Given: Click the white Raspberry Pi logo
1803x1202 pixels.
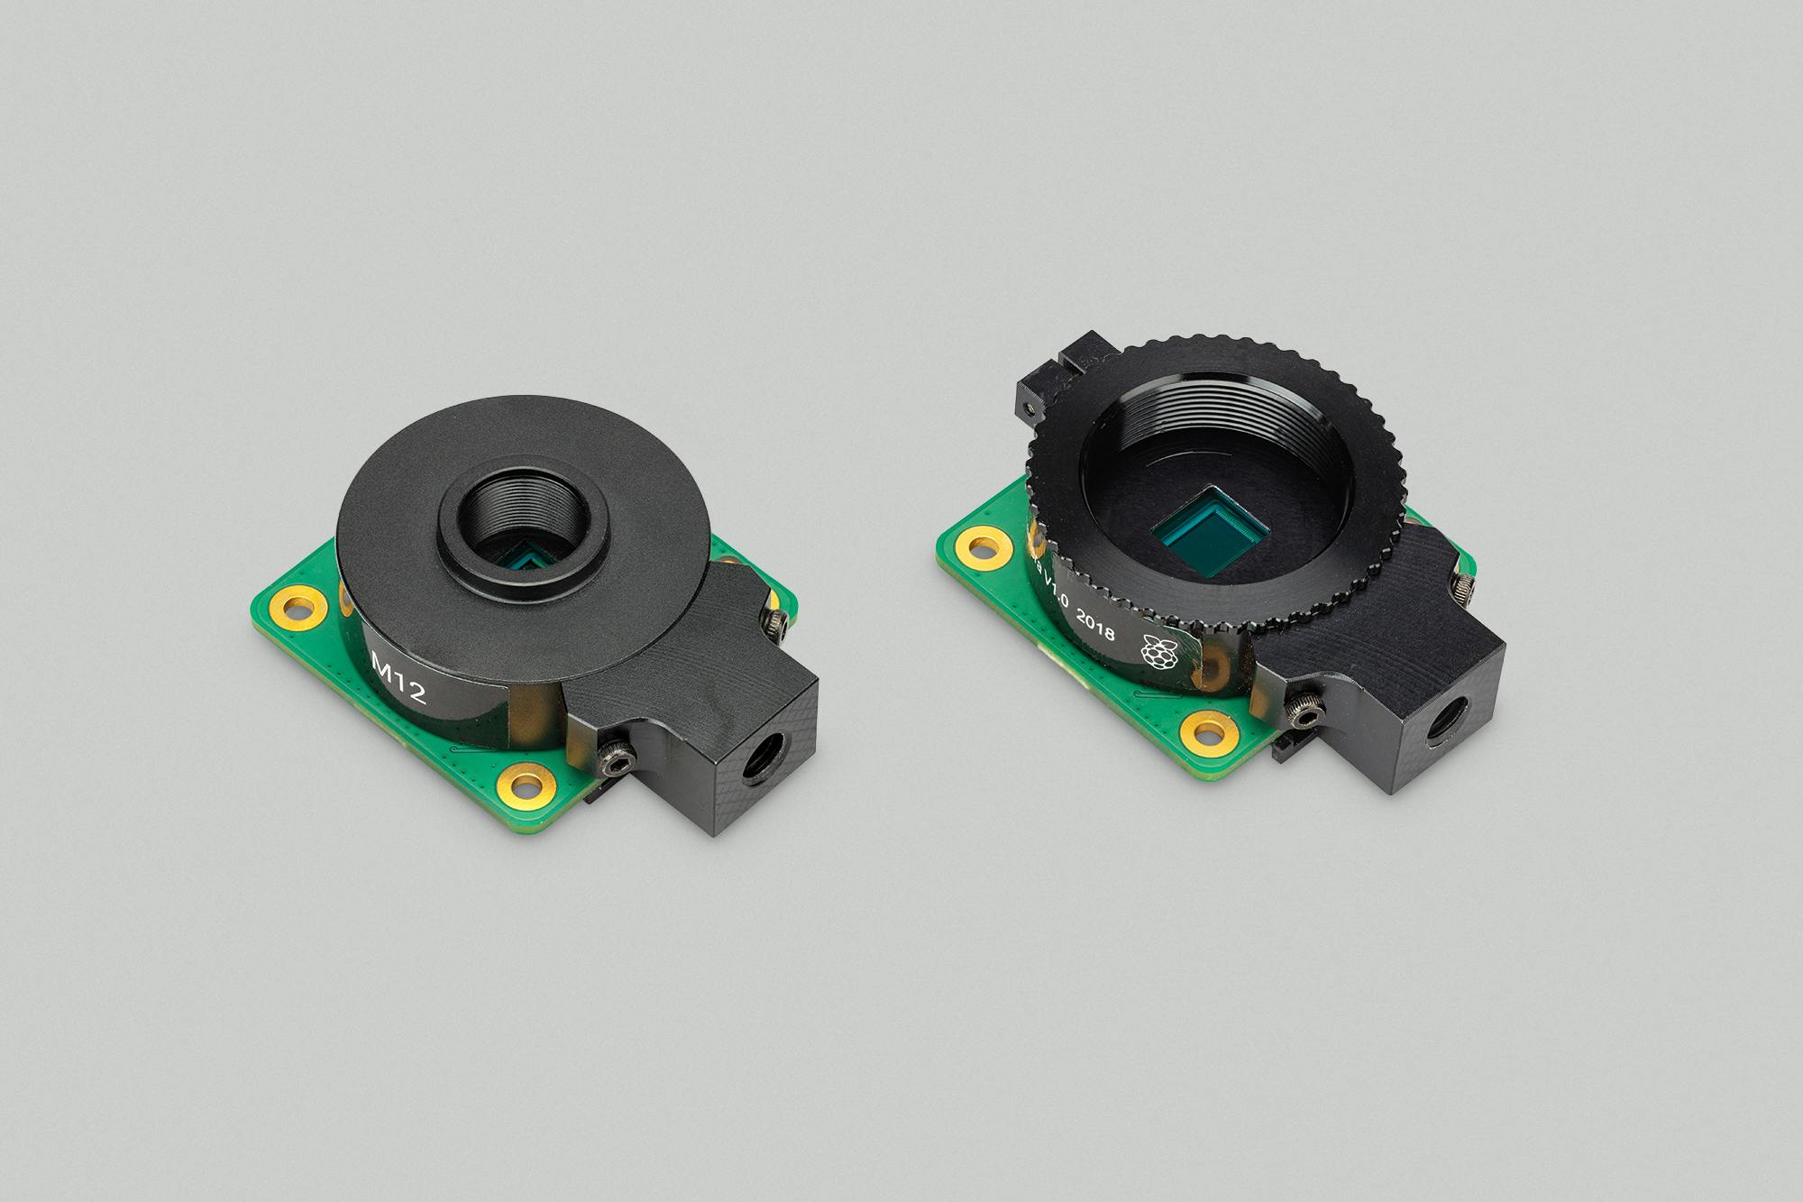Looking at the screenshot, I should (1157, 652).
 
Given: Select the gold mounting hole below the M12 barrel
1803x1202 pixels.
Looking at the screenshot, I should (528, 782).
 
